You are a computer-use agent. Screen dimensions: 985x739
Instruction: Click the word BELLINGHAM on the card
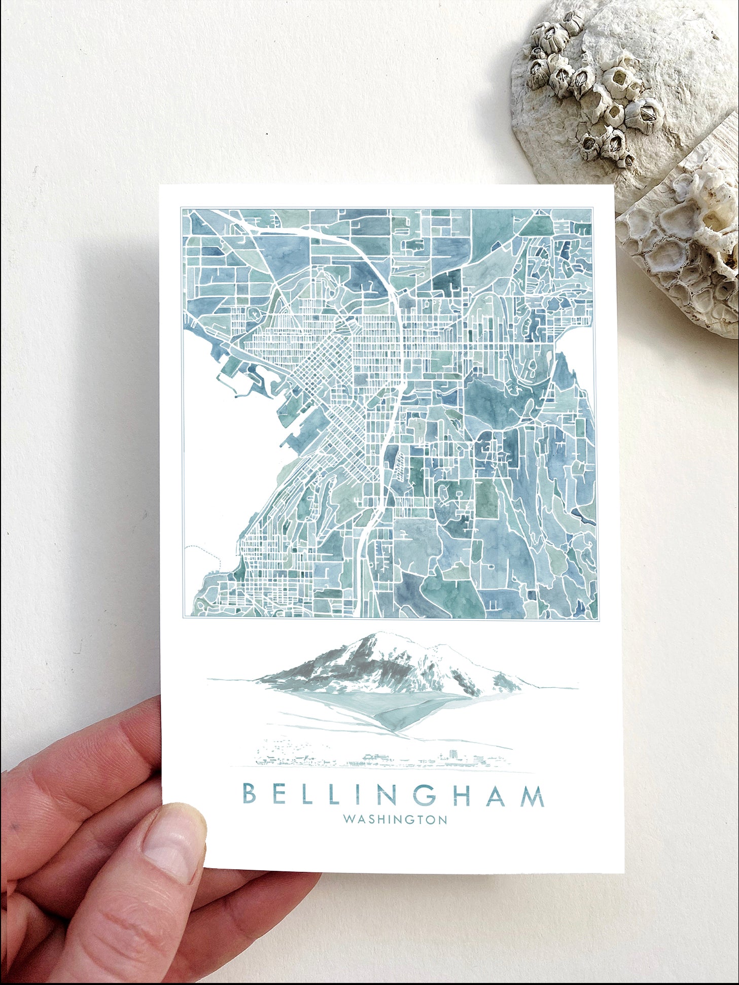coord(393,795)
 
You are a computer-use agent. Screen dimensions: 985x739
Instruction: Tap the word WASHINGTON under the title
coord(395,820)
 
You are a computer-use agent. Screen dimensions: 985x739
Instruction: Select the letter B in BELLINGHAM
coord(249,795)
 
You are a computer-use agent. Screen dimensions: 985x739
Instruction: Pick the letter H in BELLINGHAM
coord(463,795)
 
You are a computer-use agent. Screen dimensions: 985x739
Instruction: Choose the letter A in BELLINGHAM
coord(497,795)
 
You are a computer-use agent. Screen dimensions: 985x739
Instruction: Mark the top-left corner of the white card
coord(160,186)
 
